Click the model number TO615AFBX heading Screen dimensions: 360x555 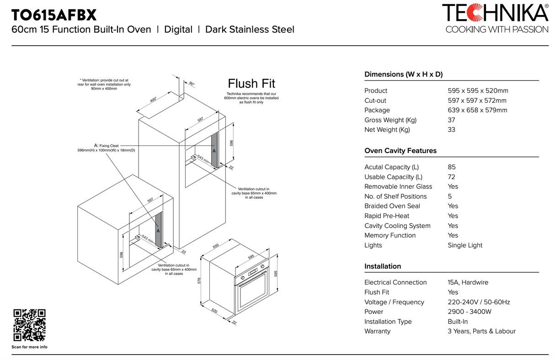pyautogui.click(x=54, y=15)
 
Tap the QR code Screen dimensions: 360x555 pyautogui.click(x=29, y=325)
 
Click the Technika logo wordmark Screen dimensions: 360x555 pyautogui.click(x=495, y=13)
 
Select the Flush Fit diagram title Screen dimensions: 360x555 pyautogui.click(x=251, y=84)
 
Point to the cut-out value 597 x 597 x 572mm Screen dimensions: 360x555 pyautogui.click(x=477, y=101)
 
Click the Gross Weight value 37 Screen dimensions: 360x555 pyautogui.click(x=451, y=120)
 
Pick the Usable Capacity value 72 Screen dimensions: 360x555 pyautogui.click(x=451, y=177)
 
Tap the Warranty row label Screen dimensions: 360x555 pyautogui.click(x=377, y=331)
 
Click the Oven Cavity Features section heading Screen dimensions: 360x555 pyautogui.click(x=400, y=151)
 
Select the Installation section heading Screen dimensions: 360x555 pyautogui.click(x=383, y=266)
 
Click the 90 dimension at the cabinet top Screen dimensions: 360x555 pyautogui.click(x=192, y=84)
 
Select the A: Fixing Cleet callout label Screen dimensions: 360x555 pyautogui.click(x=106, y=146)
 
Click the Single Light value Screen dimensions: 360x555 pyautogui.click(x=465, y=245)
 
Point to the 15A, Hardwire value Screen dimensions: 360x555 pyautogui.click(x=468, y=282)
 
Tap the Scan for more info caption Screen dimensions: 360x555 pyautogui.click(x=29, y=347)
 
